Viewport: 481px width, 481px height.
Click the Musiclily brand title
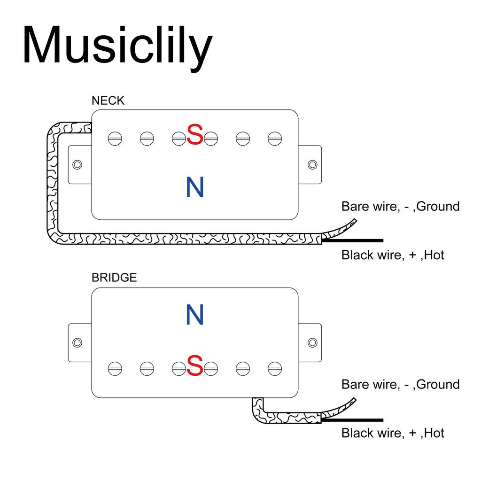pos(117,46)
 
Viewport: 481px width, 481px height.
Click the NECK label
pos(108,101)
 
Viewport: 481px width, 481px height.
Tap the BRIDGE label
pos(114,278)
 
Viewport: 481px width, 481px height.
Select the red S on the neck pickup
pos(195,135)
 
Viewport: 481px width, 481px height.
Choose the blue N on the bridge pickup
pos(195,315)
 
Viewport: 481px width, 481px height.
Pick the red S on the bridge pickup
pos(195,366)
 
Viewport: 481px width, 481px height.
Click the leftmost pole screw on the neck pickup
pos(115,138)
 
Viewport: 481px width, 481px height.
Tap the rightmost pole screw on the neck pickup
pos(275,138)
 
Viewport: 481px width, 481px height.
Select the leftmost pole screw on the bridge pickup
pos(115,369)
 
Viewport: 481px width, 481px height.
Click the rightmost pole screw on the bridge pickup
pos(275,369)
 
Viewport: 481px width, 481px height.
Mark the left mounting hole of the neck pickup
pos(78,164)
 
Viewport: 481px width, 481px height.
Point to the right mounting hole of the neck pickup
pos(312,164)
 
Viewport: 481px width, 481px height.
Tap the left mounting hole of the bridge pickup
pos(78,342)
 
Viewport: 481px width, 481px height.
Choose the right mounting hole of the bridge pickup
pos(312,342)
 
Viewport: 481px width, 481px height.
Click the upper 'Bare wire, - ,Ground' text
pos(400,206)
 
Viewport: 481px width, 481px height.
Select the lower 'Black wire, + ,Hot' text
pos(393,433)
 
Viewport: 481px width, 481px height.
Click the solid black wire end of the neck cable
pos(357,240)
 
